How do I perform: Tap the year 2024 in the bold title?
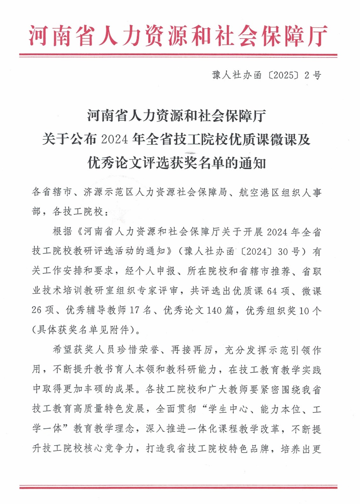[114, 140]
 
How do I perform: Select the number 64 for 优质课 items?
[272, 291]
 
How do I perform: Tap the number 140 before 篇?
[214, 310]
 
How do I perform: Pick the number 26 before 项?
[37, 310]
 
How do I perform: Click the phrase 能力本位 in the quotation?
[280, 409]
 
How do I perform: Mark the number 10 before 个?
[304, 310]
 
